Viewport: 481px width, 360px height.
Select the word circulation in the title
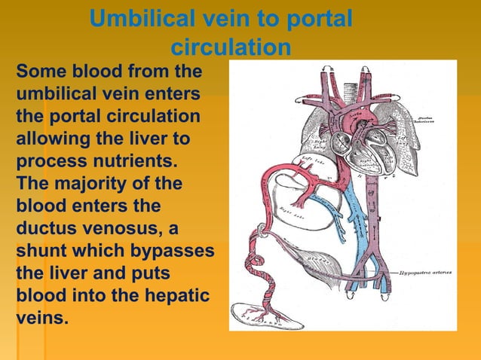[231, 47]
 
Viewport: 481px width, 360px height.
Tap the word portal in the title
[317, 19]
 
